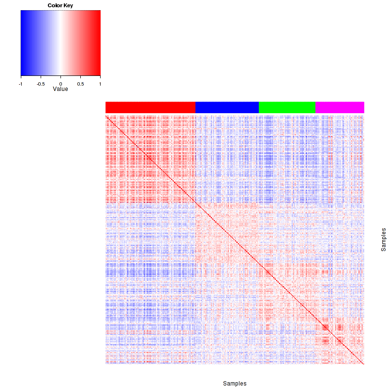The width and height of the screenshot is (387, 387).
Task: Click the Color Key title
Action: click(60, 5)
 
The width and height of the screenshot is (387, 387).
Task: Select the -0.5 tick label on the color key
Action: click(40, 83)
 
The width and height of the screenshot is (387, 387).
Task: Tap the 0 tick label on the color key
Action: click(60, 83)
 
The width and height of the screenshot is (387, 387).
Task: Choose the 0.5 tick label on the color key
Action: click(80, 83)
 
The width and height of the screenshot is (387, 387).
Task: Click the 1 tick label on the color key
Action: click(100, 83)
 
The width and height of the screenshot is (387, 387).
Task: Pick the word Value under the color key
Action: click(60, 89)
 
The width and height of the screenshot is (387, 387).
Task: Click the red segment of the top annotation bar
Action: click(150, 107)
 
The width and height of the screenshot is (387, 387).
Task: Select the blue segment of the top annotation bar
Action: click(227, 107)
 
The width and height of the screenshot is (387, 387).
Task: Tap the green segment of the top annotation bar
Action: click(287, 107)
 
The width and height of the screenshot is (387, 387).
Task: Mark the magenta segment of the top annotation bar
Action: click(340, 107)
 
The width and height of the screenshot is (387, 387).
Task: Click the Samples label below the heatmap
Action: click(235, 384)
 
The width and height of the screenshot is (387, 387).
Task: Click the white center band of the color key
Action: click(60, 43)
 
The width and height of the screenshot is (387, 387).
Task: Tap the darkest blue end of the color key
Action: click(22, 43)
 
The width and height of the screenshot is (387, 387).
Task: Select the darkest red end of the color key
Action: click(99, 43)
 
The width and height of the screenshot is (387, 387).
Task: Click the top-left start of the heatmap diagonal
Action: click(106, 116)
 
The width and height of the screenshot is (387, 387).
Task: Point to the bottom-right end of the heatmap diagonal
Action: click(363, 364)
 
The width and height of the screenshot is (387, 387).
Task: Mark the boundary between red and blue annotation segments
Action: click(195, 107)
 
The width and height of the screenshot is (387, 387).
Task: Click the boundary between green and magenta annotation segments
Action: click(315, 107)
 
